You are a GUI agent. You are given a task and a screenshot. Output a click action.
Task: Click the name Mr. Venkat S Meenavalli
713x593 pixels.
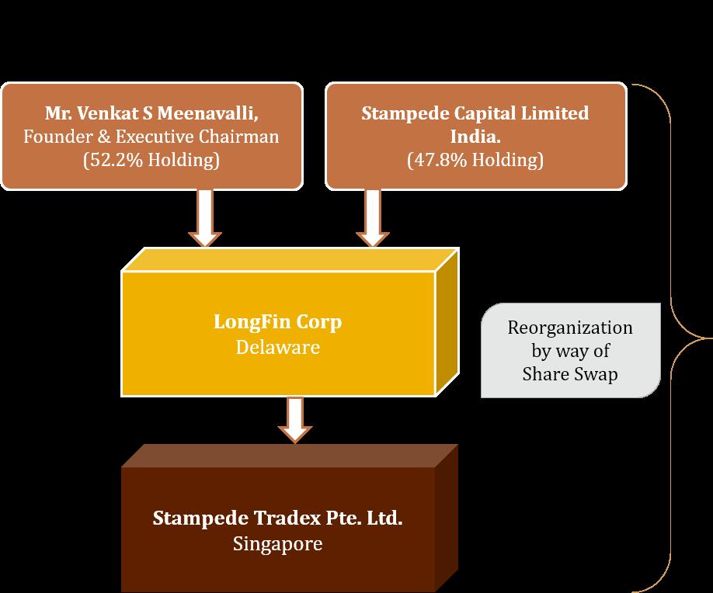coord(151,113)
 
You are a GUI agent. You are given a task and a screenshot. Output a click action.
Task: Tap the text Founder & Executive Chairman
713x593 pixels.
coord(151,137)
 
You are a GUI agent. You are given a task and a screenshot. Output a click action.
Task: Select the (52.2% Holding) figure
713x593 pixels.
coord(151,161)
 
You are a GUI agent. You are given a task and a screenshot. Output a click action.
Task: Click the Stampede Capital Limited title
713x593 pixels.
coord(475,113)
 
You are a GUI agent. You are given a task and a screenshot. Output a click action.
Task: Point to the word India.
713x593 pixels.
coord(475,137)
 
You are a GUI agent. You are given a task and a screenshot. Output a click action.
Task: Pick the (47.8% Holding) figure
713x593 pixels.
coord(475,161)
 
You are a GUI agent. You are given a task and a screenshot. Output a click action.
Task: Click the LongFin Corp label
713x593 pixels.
coord(277,322)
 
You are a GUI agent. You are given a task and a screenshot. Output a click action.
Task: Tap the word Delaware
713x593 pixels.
coord(277,346)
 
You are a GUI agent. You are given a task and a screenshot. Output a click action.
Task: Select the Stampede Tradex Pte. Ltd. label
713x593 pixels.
coord(277,518)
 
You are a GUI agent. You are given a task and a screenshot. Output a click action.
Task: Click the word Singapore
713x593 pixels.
coord(277,543)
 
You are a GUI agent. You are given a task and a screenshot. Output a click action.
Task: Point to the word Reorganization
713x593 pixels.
coord(570,327)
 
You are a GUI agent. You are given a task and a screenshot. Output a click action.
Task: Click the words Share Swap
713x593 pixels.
coord(570,374)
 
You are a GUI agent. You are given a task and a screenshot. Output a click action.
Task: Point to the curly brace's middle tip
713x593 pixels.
coord(707,337)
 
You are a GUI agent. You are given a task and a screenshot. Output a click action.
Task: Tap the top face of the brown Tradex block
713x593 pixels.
coord(287,456)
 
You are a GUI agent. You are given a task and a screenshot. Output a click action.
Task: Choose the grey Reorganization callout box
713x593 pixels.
coord(570,350)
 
